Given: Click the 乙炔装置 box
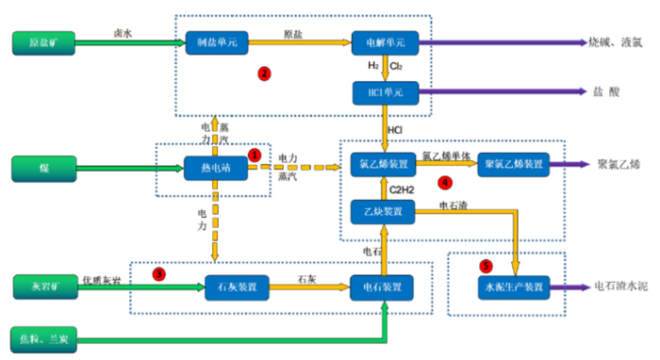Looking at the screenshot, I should point(384,210).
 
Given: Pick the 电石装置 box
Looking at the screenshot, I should point(384,286).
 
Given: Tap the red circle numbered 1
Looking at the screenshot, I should point(254,152).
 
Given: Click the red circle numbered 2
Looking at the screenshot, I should point(265,73).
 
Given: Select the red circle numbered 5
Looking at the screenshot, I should point(486,265).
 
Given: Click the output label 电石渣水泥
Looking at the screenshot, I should point(620,286).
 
